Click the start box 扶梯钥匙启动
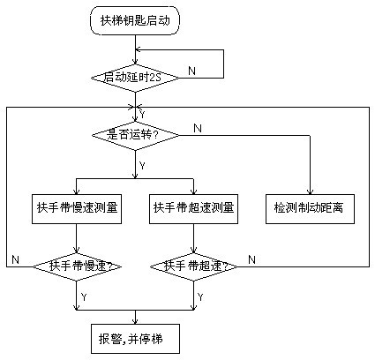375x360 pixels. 135,21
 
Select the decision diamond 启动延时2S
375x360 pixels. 135,78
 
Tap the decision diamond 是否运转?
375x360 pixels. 135,135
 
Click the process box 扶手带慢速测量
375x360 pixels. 77,209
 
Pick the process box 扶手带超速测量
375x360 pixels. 193,209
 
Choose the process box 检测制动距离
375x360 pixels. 310,209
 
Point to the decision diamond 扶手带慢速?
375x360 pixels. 77,266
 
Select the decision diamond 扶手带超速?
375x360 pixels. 193,266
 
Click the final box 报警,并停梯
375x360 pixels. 135,339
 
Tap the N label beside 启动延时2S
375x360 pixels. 191,71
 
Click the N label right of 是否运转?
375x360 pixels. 198,128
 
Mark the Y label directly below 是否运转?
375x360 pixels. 142,166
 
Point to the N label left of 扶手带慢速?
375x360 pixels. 15,259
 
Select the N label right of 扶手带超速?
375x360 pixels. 251,259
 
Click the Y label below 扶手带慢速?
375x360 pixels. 84,297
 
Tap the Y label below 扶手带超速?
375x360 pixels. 200,297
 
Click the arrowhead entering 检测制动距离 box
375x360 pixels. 310,191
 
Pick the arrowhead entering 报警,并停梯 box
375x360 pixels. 135,321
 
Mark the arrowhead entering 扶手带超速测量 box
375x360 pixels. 193,191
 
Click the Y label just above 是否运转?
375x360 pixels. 142,115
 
